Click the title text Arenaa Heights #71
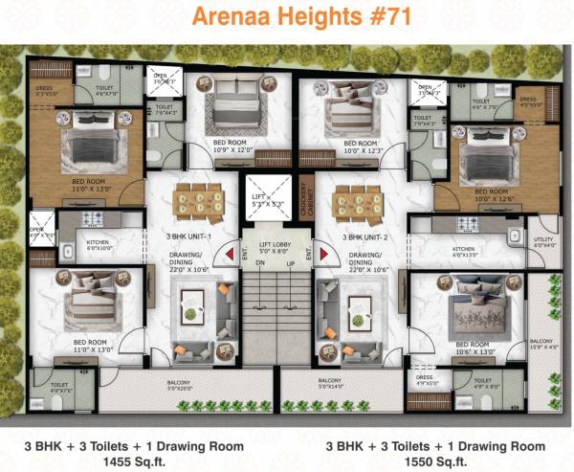[x=286, y=17]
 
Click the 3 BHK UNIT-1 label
[x=188, y=236]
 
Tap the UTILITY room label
[x=543, y=244]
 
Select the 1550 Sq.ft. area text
[x=426, y=461]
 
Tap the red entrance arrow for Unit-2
[x=322, y=255]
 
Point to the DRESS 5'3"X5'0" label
[x=45, y=92]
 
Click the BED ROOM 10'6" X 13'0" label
[x=473, y=348]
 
